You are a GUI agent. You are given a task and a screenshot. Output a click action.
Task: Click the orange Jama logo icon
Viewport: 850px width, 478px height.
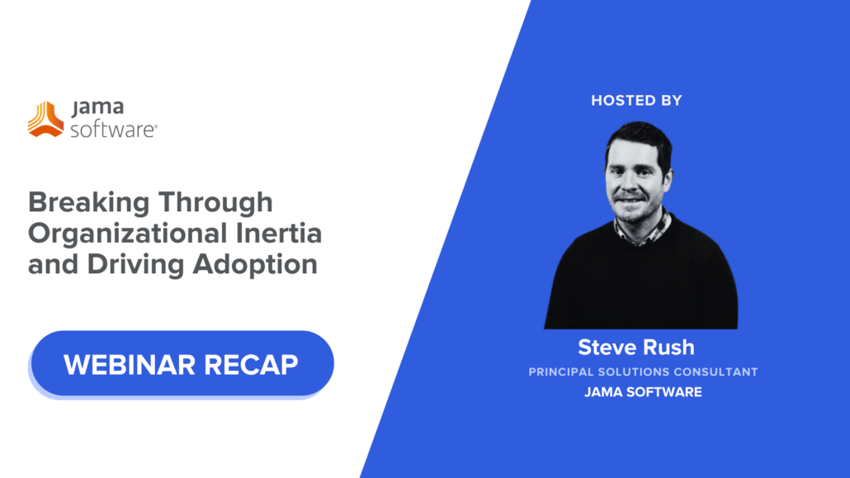pos(45,119)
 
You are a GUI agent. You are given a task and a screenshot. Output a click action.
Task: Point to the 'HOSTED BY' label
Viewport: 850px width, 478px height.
pos(636,101)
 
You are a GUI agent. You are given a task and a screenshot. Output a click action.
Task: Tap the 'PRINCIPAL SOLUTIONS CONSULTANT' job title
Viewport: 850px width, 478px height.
pos(643,372)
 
